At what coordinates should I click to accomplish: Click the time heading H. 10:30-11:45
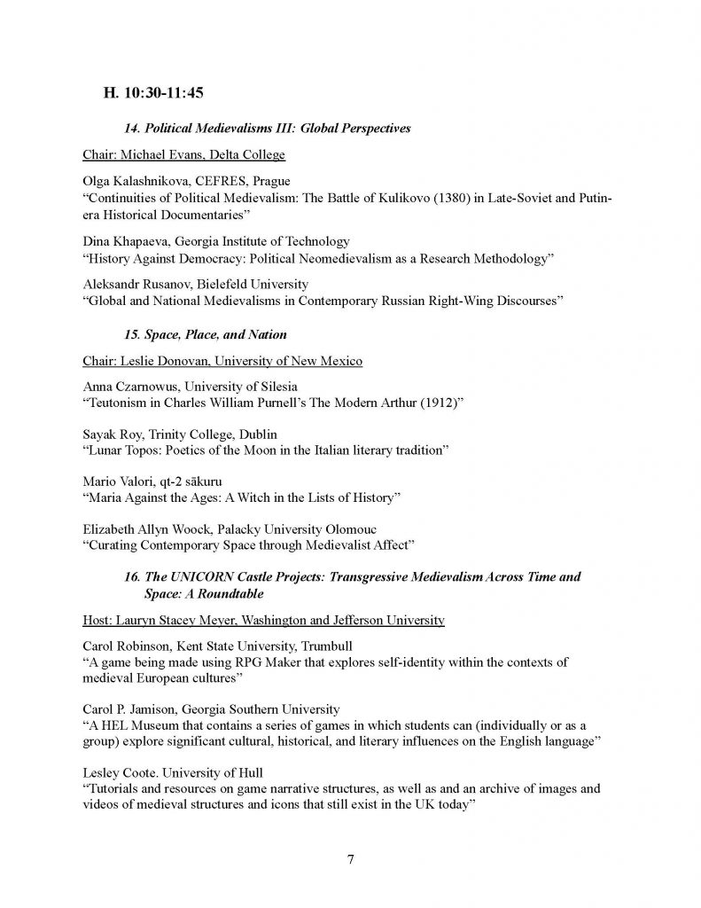coord(155,91)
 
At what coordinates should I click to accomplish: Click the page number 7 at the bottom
coord(351,857)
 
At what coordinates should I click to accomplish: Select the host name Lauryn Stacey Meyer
coord(188,619)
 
